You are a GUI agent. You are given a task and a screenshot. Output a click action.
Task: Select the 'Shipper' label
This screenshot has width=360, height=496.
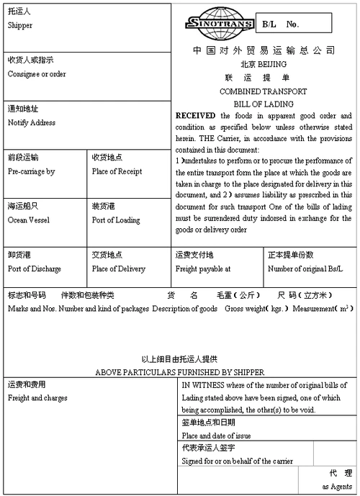pos(20,25)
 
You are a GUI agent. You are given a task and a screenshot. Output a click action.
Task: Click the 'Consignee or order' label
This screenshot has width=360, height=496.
pos(37,73)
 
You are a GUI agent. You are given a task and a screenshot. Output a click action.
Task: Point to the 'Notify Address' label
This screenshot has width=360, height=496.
pos(32,122)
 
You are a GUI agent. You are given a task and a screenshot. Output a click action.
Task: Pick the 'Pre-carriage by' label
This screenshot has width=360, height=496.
pos(31,171)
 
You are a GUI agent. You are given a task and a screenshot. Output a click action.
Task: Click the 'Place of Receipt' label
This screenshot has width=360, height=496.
pos(117,171)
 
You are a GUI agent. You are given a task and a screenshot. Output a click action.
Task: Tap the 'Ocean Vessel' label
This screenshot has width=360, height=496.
pos(28,220)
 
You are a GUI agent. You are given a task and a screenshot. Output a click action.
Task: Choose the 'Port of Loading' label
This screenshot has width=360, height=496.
pos(116,220)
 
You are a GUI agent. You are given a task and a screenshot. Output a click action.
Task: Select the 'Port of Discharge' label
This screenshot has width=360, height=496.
pos(35,269)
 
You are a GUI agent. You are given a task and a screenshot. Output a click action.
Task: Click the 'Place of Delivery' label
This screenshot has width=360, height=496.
pos(119,269)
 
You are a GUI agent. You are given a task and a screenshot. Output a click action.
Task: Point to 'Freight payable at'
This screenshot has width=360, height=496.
pos(203,269)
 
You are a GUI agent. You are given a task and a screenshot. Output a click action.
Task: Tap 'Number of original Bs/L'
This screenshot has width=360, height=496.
pos(305,269)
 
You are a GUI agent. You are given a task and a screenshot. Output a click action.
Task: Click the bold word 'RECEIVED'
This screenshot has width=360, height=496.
pos(196,115)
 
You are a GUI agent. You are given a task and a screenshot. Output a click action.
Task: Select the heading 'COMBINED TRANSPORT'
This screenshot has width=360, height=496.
pos(263,91)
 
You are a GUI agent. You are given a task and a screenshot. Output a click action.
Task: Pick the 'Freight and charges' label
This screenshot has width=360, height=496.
pos(37,397)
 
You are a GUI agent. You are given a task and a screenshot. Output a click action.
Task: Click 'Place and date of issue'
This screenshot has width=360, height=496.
pos(217,436)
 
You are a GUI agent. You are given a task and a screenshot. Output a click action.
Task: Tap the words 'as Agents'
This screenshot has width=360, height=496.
pos(337,487)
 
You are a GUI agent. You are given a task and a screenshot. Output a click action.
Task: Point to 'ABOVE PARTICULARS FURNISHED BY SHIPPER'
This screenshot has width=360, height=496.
pos(180,372)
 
